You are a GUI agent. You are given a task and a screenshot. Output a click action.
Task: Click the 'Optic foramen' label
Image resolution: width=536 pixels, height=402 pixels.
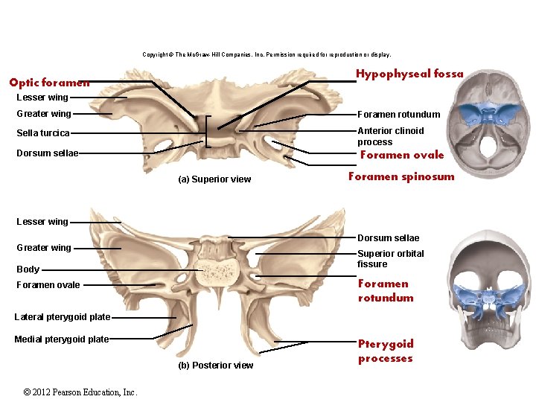(49, 83)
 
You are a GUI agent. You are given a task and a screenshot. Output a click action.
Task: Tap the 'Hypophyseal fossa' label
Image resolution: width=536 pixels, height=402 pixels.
(409, 74)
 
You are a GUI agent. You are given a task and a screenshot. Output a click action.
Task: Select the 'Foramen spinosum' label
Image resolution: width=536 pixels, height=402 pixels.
(401, 176)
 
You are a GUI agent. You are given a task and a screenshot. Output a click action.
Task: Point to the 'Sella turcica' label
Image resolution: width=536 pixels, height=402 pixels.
(43, 133)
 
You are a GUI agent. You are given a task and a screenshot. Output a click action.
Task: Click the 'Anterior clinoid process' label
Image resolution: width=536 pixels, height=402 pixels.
(390, 136)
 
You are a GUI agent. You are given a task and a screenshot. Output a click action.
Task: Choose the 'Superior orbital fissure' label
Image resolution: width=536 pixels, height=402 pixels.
(390, 259)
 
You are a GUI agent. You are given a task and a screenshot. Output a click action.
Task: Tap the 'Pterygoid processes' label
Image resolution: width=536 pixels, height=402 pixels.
(385, 351)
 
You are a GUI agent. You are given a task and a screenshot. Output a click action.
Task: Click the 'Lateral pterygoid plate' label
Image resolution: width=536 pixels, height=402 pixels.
(62, 317)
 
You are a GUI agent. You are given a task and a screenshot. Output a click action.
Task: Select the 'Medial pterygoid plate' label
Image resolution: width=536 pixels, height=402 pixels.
(61, 339)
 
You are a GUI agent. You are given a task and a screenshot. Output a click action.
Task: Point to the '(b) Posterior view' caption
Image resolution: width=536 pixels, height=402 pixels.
(216, 366)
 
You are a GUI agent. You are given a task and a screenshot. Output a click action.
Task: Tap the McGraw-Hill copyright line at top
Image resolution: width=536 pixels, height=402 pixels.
(267, 54)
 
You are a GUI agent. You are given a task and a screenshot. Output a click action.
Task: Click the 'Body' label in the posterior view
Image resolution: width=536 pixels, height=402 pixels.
(28, 269)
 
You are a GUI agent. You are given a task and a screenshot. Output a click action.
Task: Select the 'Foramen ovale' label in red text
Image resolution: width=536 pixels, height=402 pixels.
(401, 155)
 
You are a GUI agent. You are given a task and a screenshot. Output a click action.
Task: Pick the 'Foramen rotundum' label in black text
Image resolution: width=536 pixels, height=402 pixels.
(398, 115)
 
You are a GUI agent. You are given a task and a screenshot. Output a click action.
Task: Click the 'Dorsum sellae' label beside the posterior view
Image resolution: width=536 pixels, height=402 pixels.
(388, 238)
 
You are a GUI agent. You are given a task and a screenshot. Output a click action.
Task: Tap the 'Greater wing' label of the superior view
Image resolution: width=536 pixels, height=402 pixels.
(44, 114)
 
